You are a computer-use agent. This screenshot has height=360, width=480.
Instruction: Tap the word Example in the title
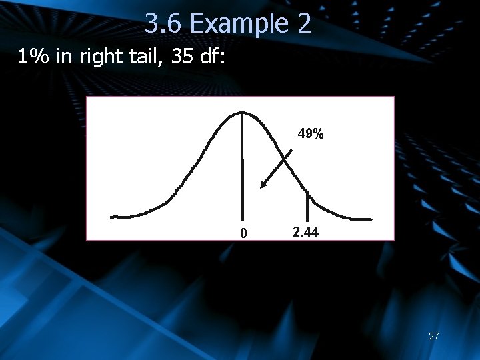point(237,25)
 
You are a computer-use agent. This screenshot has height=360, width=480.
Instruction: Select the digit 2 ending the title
point(304,25)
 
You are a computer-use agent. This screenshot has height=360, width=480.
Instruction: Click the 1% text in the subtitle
point(32,57)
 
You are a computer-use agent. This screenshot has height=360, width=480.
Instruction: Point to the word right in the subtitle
point(95,58)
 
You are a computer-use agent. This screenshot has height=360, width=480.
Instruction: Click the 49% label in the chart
point(311,134)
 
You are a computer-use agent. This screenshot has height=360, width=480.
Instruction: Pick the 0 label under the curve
point(243,233)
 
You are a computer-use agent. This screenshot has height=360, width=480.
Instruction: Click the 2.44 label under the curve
point(305,232)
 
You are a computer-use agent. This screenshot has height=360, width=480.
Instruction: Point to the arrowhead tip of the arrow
point(261,188)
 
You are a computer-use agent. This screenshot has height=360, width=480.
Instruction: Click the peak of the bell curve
point(241,113)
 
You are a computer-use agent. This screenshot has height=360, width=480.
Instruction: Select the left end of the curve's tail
point(112,217)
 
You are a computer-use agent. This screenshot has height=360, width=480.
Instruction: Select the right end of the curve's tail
point(371,219)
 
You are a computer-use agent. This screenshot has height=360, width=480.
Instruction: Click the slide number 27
point(434,336)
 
